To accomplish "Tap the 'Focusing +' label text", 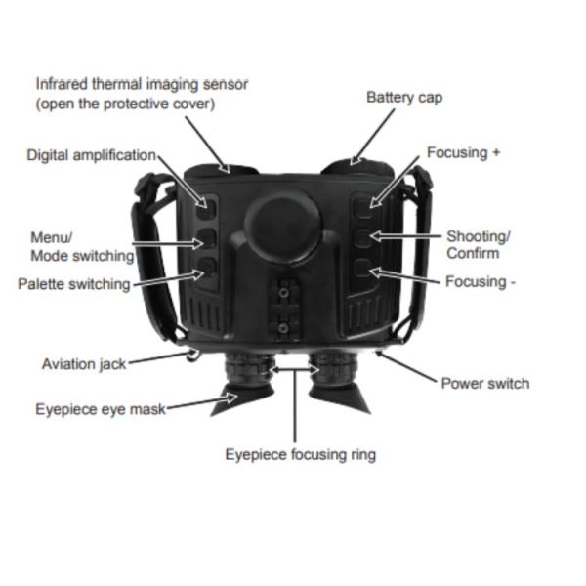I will pos(464,154).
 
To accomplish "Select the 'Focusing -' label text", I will pos(481,281).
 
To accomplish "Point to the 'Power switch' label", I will pos(485,383).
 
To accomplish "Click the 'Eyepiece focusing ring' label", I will pos(300,454).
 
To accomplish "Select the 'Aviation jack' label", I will pos(84,364).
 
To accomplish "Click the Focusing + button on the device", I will pos(363,204).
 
